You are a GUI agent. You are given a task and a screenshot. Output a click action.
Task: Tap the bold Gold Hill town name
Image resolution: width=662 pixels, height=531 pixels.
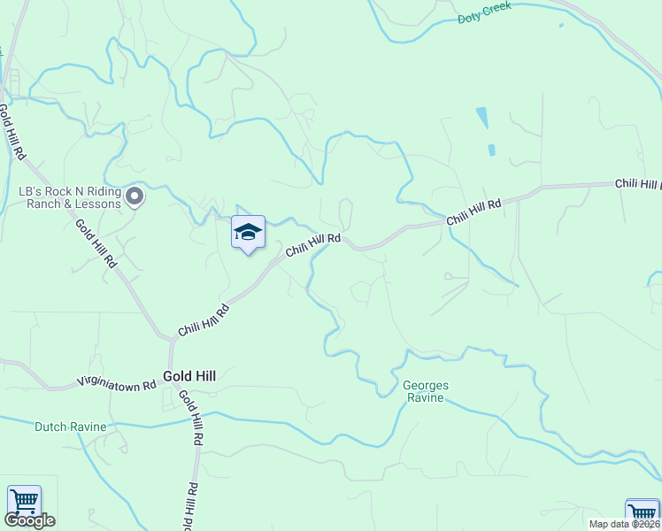pos(189,376)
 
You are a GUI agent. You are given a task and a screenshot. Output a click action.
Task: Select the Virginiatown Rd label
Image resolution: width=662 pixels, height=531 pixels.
pos(117,383)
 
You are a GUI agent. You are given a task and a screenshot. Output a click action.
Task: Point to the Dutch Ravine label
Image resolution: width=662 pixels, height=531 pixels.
pos(70,427)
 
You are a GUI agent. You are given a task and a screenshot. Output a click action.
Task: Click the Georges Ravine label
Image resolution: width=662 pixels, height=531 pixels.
pos(426,391)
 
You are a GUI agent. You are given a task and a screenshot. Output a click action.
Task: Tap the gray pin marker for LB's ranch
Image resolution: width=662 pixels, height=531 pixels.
pos(135,196)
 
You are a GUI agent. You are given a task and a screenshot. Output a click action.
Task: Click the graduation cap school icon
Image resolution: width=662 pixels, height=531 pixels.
pos(248,232)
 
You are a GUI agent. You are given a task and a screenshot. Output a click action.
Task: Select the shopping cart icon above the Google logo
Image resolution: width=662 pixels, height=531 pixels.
pos(24,502)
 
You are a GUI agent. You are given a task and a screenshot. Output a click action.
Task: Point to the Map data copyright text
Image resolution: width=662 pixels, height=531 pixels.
pos(624,524)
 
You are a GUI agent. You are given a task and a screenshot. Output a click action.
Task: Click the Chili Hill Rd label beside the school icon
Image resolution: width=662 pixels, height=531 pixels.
pos(312,245)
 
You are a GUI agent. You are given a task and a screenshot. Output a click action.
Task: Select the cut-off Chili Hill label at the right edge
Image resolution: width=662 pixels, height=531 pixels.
pos(638,185)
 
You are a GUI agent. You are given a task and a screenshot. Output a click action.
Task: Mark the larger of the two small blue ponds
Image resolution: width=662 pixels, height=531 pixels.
pos(481,118)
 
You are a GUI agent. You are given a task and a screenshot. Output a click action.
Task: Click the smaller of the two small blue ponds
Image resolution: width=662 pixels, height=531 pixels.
pos(491,150)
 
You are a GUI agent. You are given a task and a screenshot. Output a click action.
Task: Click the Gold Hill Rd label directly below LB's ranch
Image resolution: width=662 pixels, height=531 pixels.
pos(96,244)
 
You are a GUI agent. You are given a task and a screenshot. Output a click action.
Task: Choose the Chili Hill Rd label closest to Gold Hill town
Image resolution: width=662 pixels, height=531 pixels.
pos(204,320)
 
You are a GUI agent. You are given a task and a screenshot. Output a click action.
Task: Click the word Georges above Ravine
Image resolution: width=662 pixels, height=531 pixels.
pos(426,386)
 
